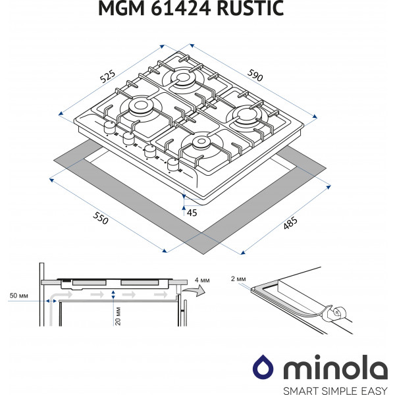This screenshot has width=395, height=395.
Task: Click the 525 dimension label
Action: pyautogui.click(x=107, y=76)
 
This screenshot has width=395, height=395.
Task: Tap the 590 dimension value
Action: pyautogui.click(x=255, y=75)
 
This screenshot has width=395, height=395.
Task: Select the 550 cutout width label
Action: pyautogui.click(x=101, y=218)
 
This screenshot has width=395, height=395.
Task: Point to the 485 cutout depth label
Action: pyautogui.click(x=290, y=223)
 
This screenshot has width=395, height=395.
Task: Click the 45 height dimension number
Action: pyautogui.click(x=192, y=213)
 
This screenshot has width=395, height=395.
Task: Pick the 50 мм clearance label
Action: pyautogui.click(x=18, y=296)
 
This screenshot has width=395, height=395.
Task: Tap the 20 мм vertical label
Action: pyautogui.click(x=118, y=316)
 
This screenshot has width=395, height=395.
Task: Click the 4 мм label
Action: pyautogui.click(x=202, y=280)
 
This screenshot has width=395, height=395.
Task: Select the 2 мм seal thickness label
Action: pyautogui.click(x=238, y=279)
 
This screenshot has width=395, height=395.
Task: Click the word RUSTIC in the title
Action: pyautogui.click(x=250, y=9)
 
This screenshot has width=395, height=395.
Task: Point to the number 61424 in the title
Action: pyautogui.click(x=180, y=9)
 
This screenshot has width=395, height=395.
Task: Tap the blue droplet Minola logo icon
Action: pyautogui.click(x=263, y=367)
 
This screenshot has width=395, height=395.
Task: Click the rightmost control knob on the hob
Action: pyautogui.click(x=172, y=165)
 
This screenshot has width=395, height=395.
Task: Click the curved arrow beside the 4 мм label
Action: pyautogui.click(x=194, y=290)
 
